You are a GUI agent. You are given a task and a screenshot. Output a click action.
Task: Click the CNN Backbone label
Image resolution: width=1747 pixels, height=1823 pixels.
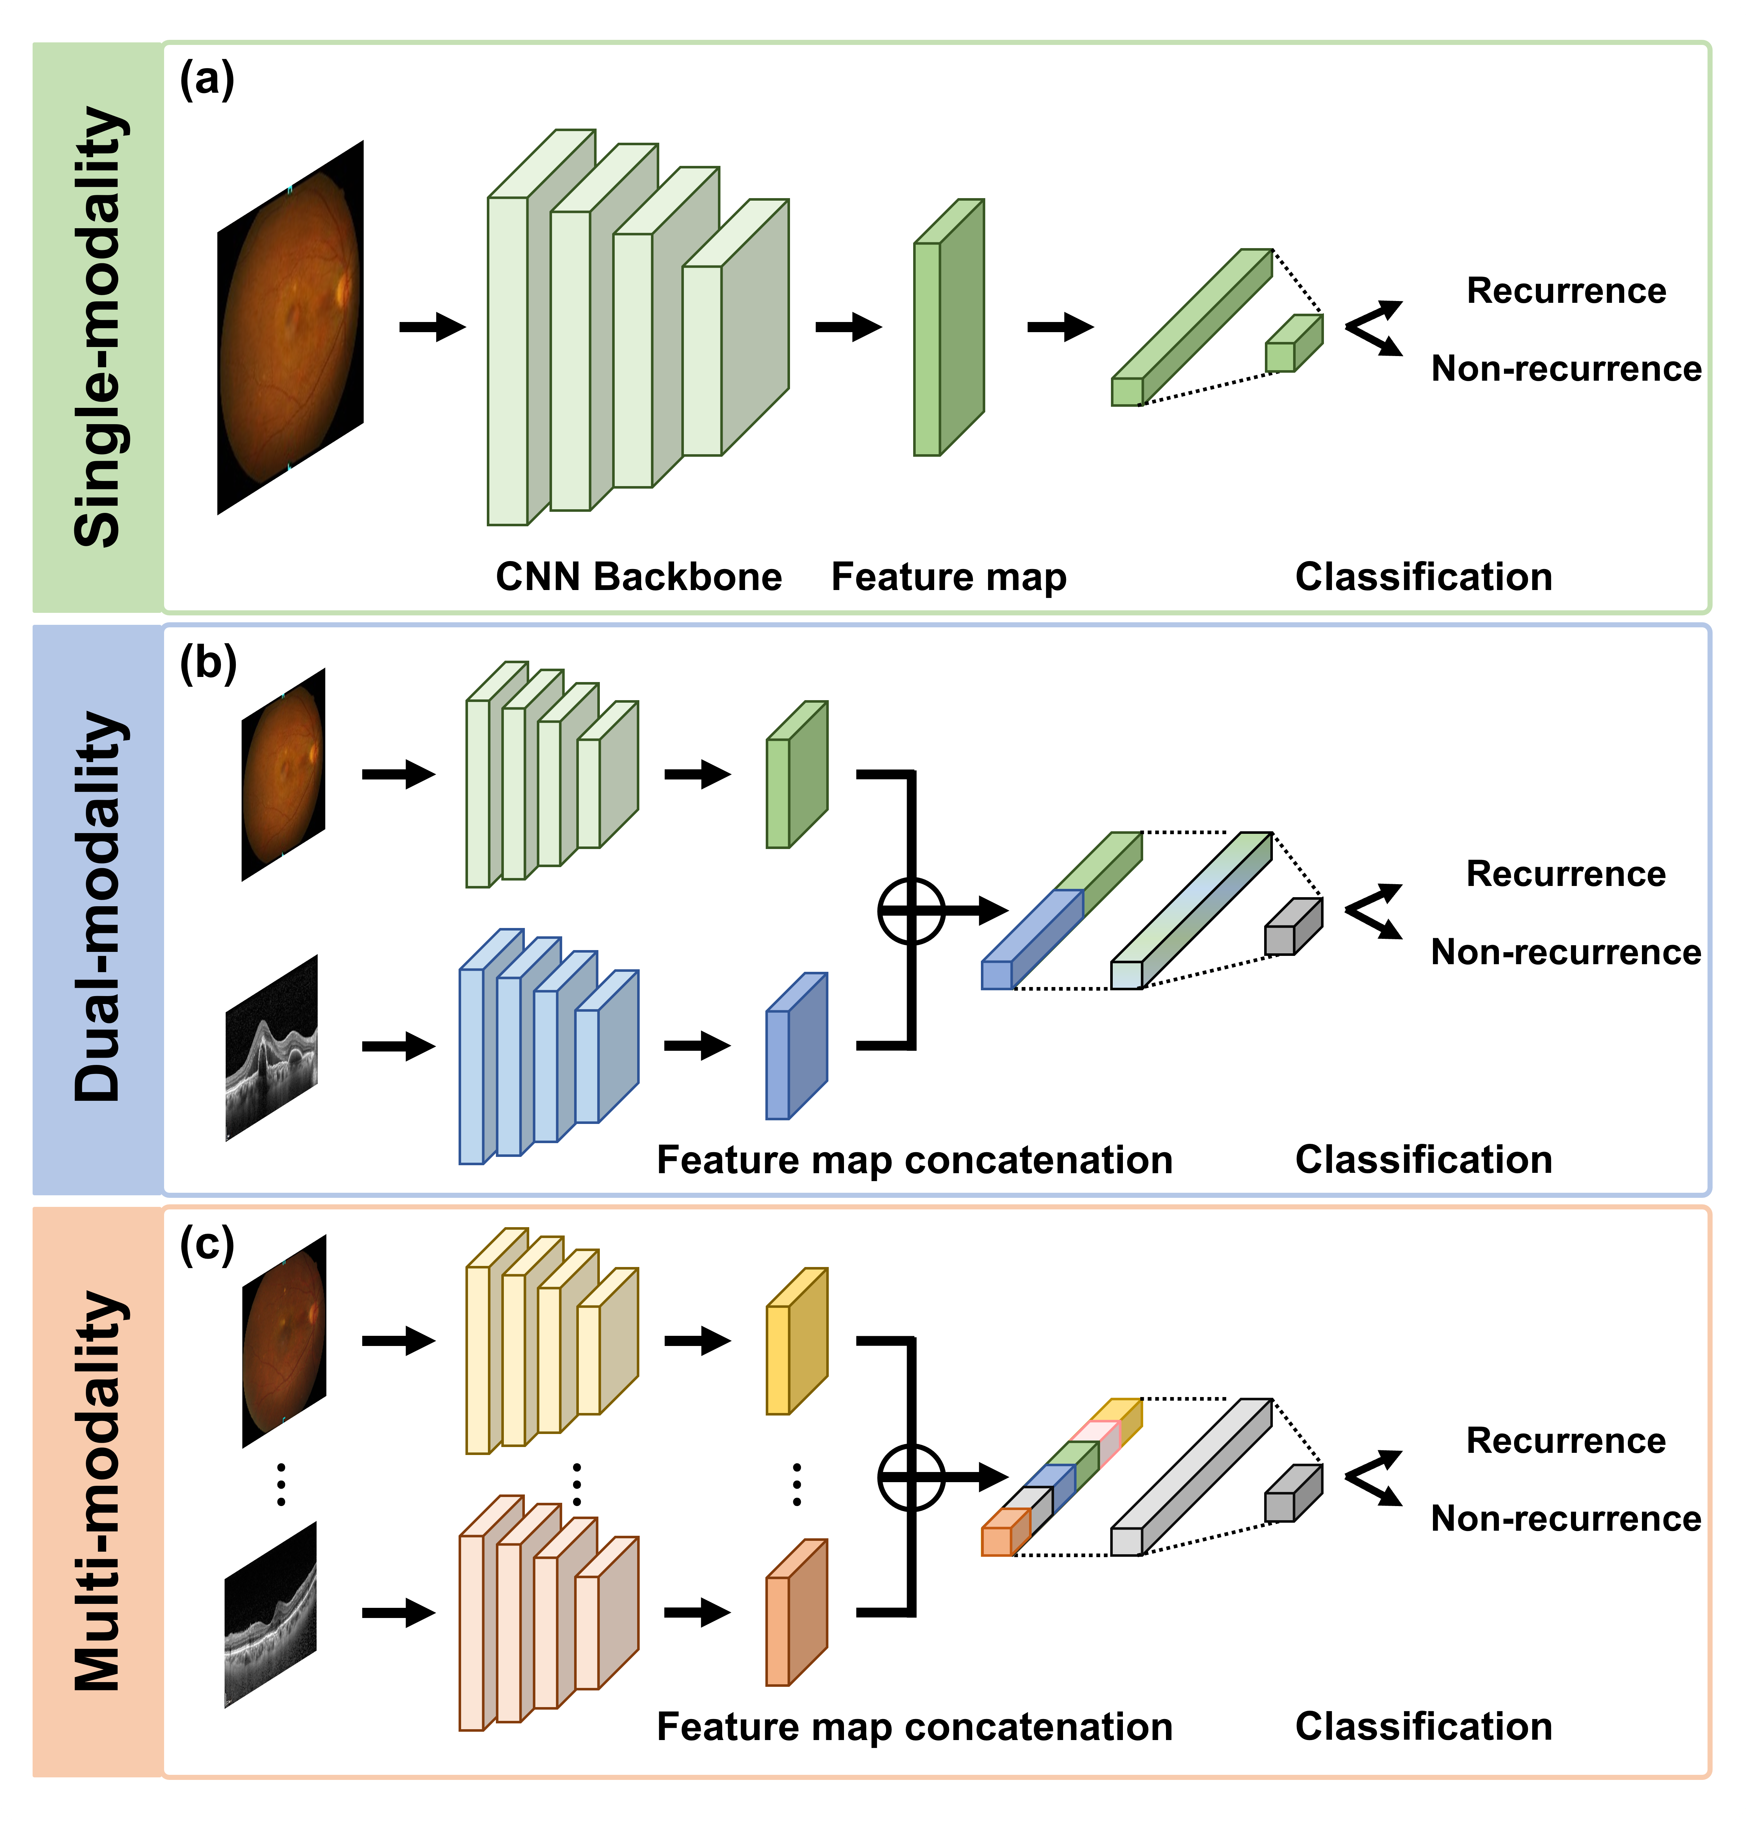coord(638,577)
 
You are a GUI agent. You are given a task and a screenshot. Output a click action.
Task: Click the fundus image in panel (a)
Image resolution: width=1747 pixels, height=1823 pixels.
coord(290,327)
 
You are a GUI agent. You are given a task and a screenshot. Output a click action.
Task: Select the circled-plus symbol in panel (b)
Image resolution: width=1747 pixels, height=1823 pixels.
coord(911,911)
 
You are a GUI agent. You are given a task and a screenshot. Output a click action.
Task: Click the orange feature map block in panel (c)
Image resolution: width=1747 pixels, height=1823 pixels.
coord(795,1614)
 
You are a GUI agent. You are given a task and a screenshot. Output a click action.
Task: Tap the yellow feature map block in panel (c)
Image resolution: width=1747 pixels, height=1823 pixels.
coord(795,1342)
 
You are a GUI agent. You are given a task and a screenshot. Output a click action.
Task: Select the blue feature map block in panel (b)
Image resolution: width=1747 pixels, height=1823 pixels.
coord(795,1047)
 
